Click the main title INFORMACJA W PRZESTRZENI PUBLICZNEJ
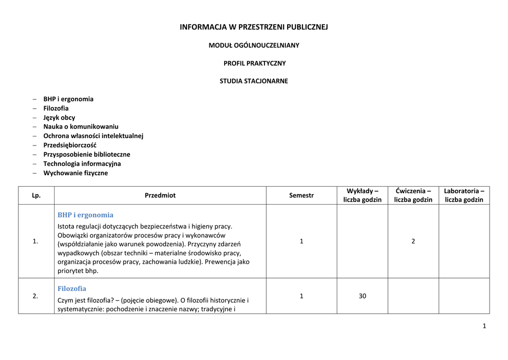pos(254,27)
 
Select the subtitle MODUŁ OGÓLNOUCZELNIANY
pos(254,45)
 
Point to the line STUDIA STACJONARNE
pos(254,81)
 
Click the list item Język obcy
pos(59,118)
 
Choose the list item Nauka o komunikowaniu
pos(80,127)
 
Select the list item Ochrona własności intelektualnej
pos(93,136)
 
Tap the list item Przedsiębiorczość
pos(69,145)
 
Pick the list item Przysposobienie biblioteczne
pos(86,154)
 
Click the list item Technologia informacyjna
pos(82,163)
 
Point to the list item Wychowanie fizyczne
pos(75,173)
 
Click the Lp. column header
pos(36,195)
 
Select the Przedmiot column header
pos(160,195)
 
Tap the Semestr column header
pos(301,195)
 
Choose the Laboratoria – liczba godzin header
pos(464,195)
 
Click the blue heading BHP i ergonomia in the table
pos(85,215)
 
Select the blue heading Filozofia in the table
pos(72,288)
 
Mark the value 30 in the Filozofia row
pos(362,296)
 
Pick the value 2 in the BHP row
pos(413,241)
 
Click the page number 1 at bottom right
pos(484,326)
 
